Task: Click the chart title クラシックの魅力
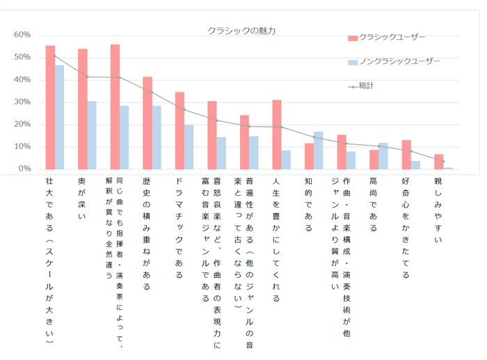coord(241,31)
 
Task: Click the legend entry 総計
coord(366,86)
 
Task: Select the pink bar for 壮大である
coord(50,107)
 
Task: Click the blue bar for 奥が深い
coord(92,135)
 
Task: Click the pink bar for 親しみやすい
coord(438,162)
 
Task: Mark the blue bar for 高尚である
coord(383,156)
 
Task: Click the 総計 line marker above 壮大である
coord(54,56)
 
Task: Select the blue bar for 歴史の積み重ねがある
coord(157,137)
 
